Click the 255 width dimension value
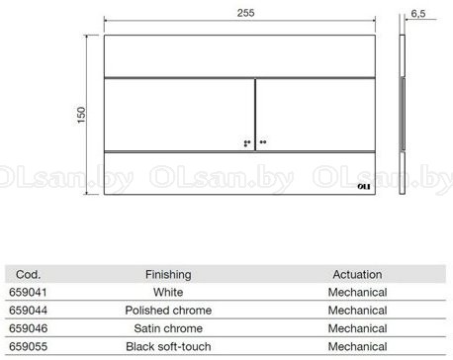click(x=245, y=13)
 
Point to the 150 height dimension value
click(x=81, y=115)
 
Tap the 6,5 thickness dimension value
click(x=418, y=14)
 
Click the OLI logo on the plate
click(x=364, y=187)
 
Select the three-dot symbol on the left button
click(x=247, y=143)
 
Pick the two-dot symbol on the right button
click(x=263, y=142)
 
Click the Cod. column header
click(x=28, y=274)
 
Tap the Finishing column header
click(x=168, y=275)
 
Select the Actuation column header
click(x=357, y=274)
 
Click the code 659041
click(x=28, y=292)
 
